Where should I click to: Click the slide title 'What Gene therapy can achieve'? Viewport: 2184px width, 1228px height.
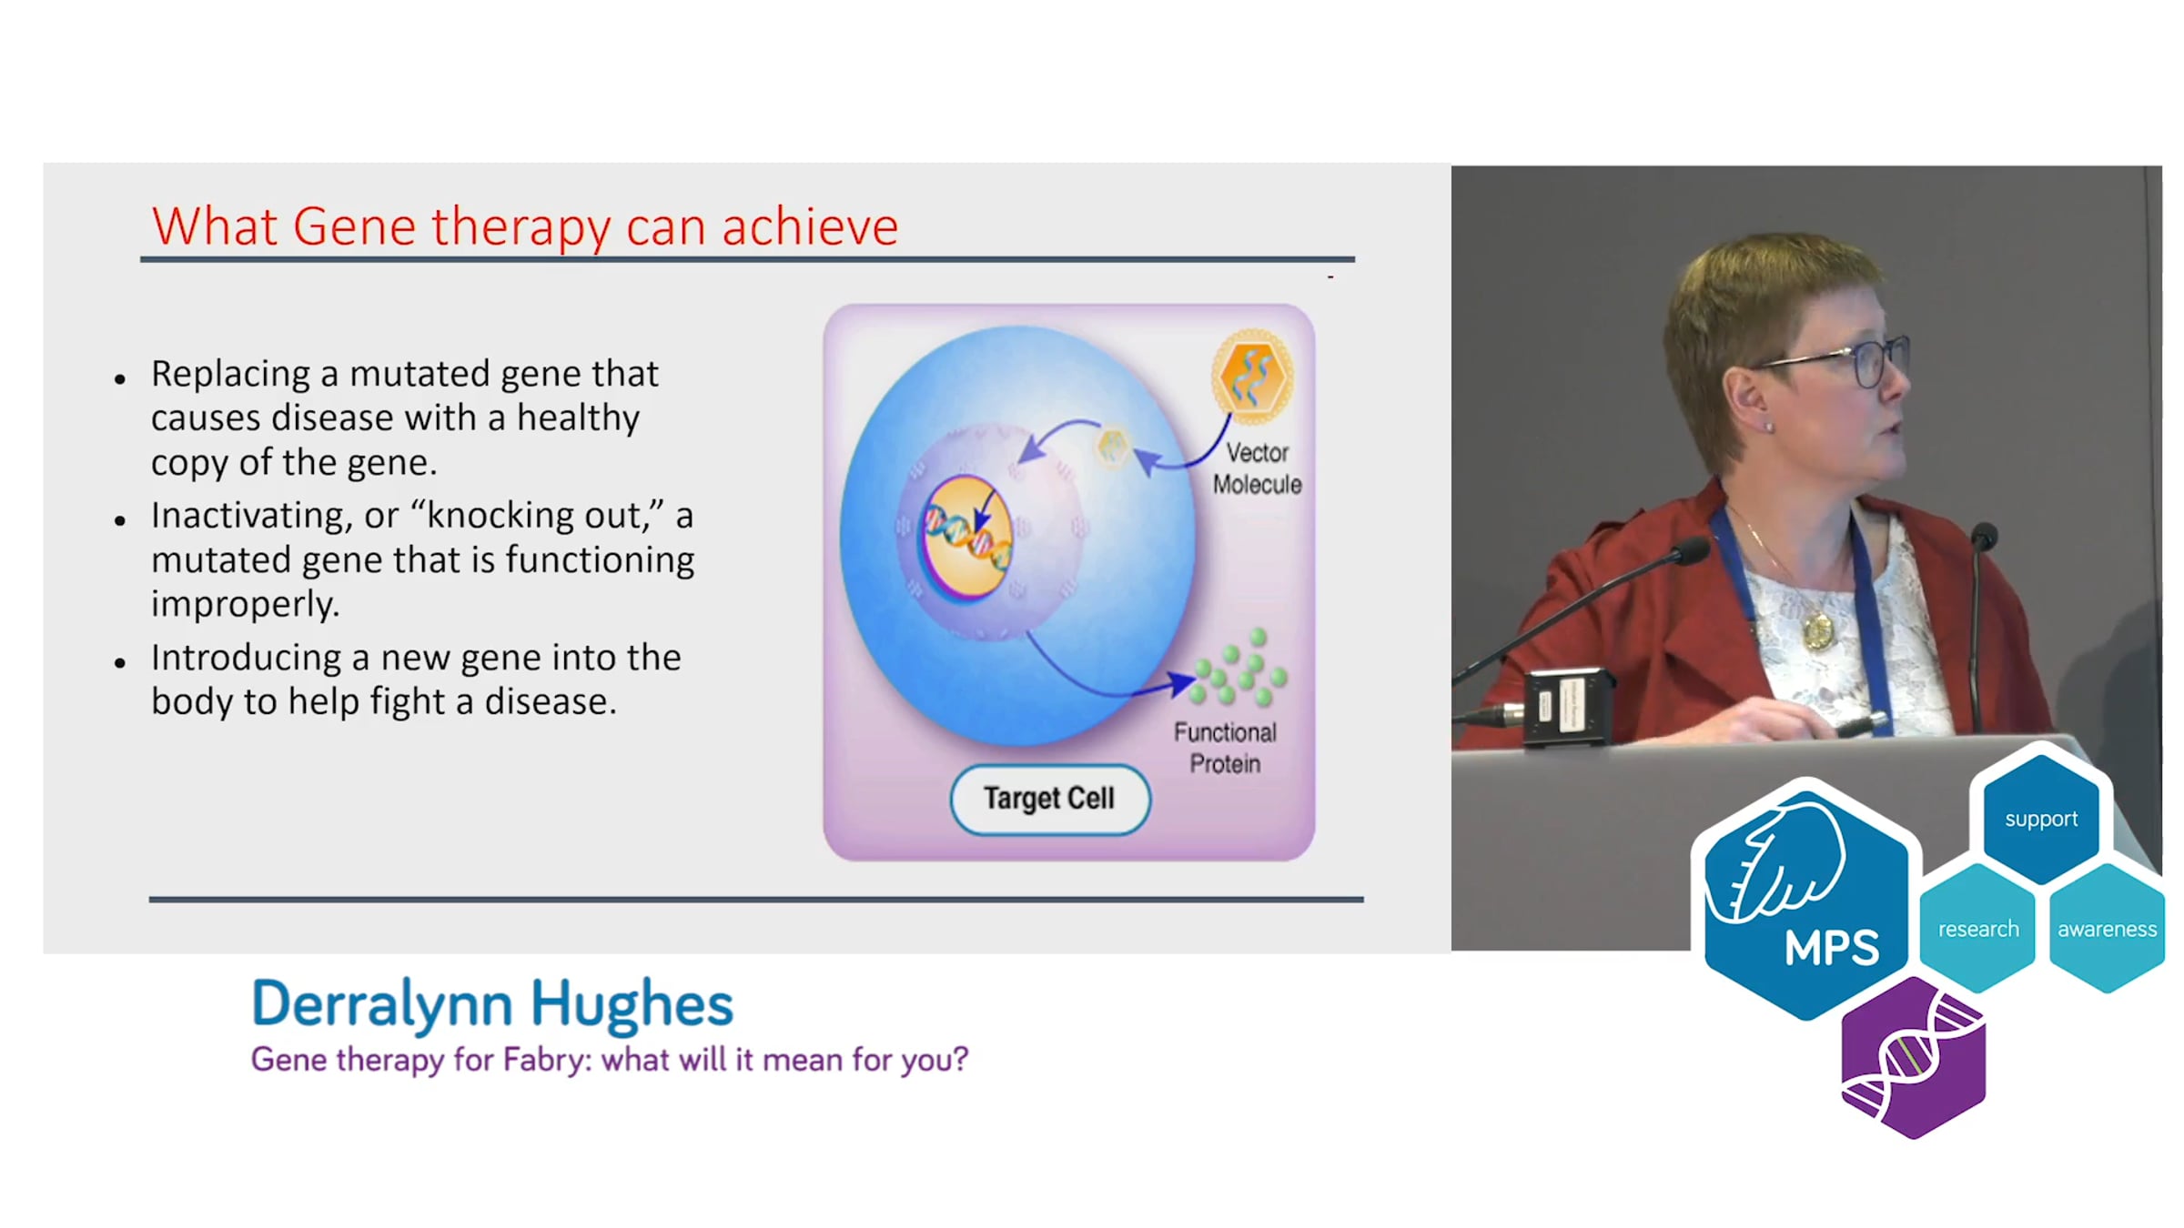coord(525,226)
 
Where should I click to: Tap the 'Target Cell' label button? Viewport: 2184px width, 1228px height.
coord(1050,799)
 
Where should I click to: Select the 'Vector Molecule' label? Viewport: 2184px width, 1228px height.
coord(1257,468)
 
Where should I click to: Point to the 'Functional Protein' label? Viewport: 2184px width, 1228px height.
coord(1225,748)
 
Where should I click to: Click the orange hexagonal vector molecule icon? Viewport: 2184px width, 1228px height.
coord(1252,377)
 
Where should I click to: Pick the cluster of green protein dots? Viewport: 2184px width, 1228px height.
coord(1238,669)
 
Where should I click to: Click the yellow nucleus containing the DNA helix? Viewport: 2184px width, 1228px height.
coord(966,537)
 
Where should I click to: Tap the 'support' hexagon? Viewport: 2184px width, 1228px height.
coord(2041,818)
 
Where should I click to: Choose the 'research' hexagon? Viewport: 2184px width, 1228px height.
coord(1978,929)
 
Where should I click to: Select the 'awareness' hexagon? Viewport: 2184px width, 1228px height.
coord(2108,929)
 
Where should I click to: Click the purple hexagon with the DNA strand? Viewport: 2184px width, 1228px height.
coord(1913,1058)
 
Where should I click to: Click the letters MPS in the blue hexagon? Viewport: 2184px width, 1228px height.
coord(1831,948)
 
